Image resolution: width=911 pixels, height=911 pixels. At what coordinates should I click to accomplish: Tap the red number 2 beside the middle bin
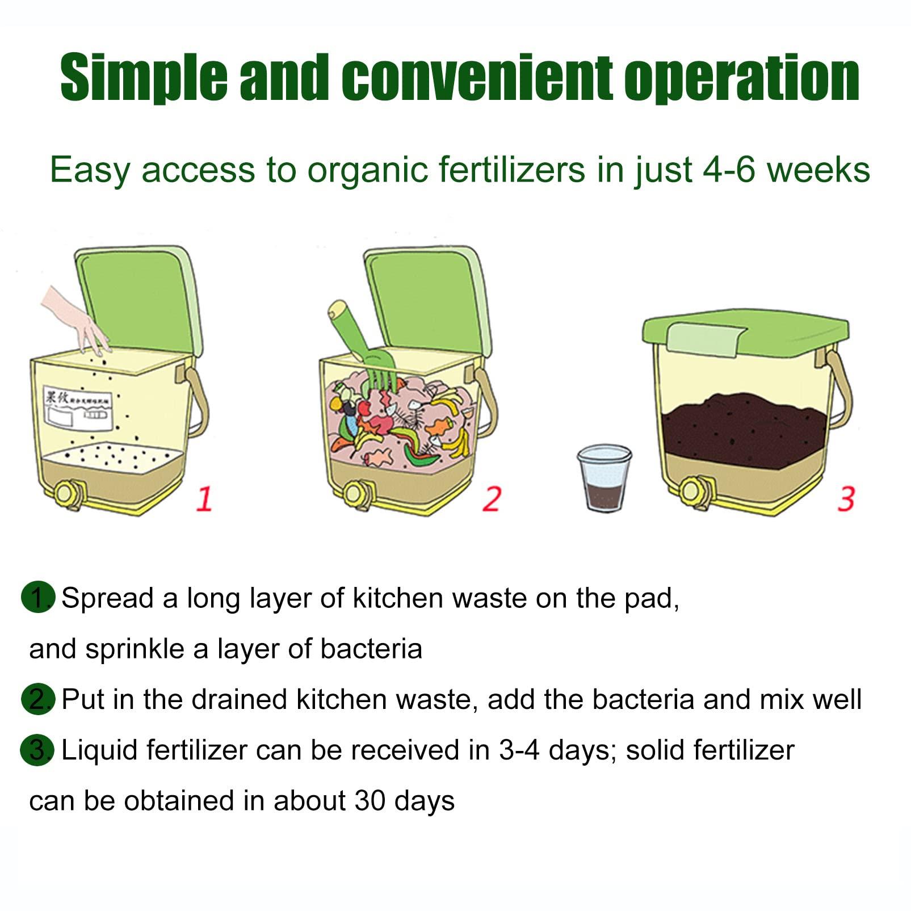click(x=492, y=498)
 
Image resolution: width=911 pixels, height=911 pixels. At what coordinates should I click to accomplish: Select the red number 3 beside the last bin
click(x=846, y=498)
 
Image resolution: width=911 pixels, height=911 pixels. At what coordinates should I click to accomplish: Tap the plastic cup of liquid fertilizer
click(x=604, y=478)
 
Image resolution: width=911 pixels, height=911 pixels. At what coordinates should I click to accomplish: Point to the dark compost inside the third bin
click(x=744, y=429)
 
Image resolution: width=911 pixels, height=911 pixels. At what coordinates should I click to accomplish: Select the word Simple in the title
click(x=144, y=78)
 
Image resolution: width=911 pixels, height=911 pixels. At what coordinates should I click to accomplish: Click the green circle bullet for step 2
click(x=37, y=699)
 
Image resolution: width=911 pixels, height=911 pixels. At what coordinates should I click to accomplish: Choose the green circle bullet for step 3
click(x=37, y=750)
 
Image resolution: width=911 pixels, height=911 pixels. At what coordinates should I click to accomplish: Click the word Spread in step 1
click(x=107, y=598)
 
